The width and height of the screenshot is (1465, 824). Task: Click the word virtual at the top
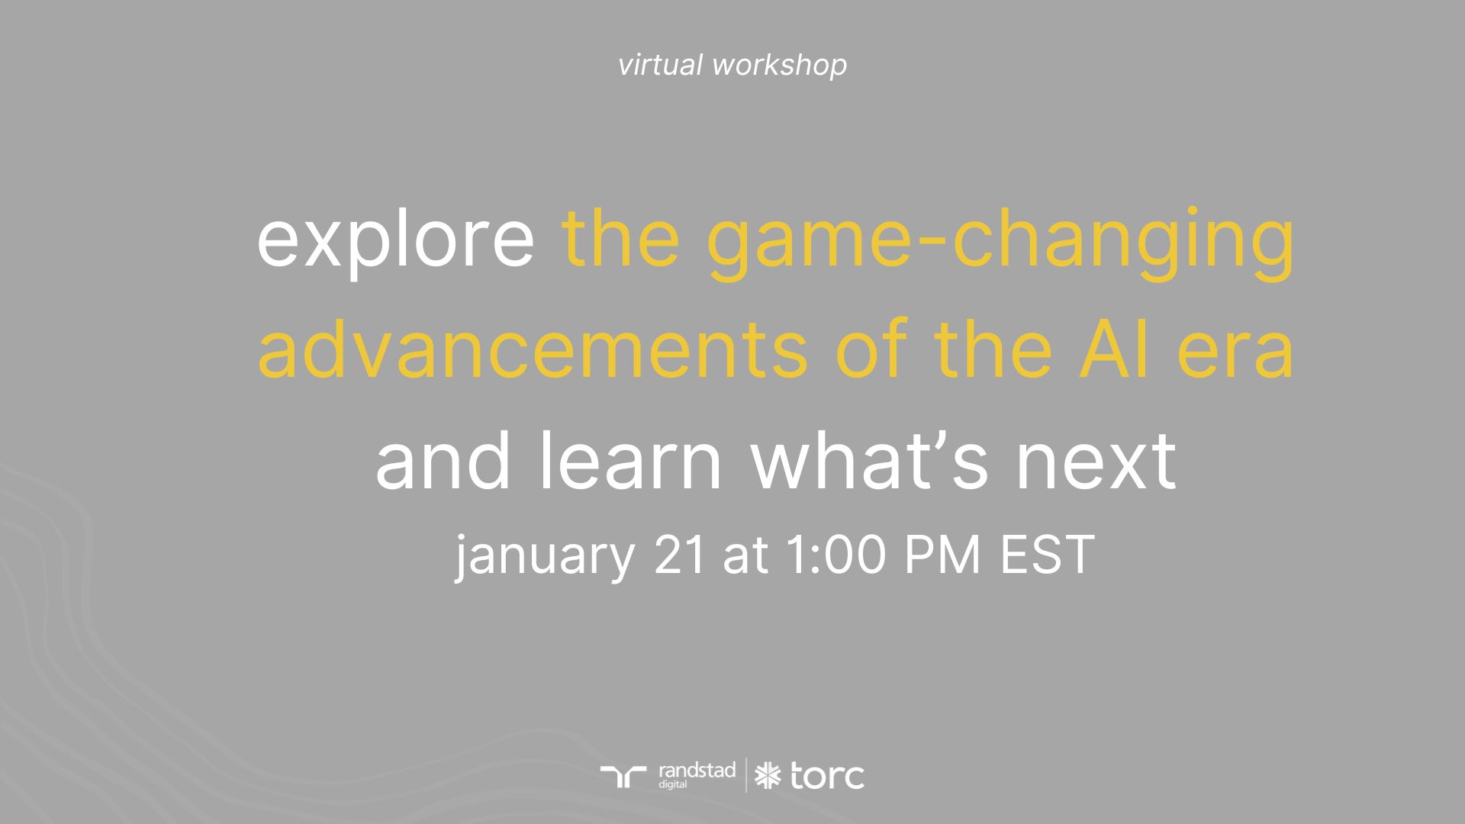[x=660, y=65]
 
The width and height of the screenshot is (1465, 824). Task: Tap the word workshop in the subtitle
[x=779, y=65]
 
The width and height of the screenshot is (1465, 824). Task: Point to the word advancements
[x=532, y=352]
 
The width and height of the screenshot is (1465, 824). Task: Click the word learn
[x=630, y=461]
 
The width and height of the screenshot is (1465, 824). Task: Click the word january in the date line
[x=545, y=555]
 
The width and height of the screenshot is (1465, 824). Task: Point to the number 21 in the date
[x=679, y=555]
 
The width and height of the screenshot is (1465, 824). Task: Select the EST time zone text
[x=1048, y=555]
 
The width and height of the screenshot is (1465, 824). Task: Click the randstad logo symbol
[x=623, y=776]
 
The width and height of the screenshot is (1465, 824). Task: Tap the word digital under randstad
[x=673, y=784]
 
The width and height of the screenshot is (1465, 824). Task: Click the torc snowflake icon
[x=768, y=776]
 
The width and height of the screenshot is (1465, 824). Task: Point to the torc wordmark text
[x=827, y=777]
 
